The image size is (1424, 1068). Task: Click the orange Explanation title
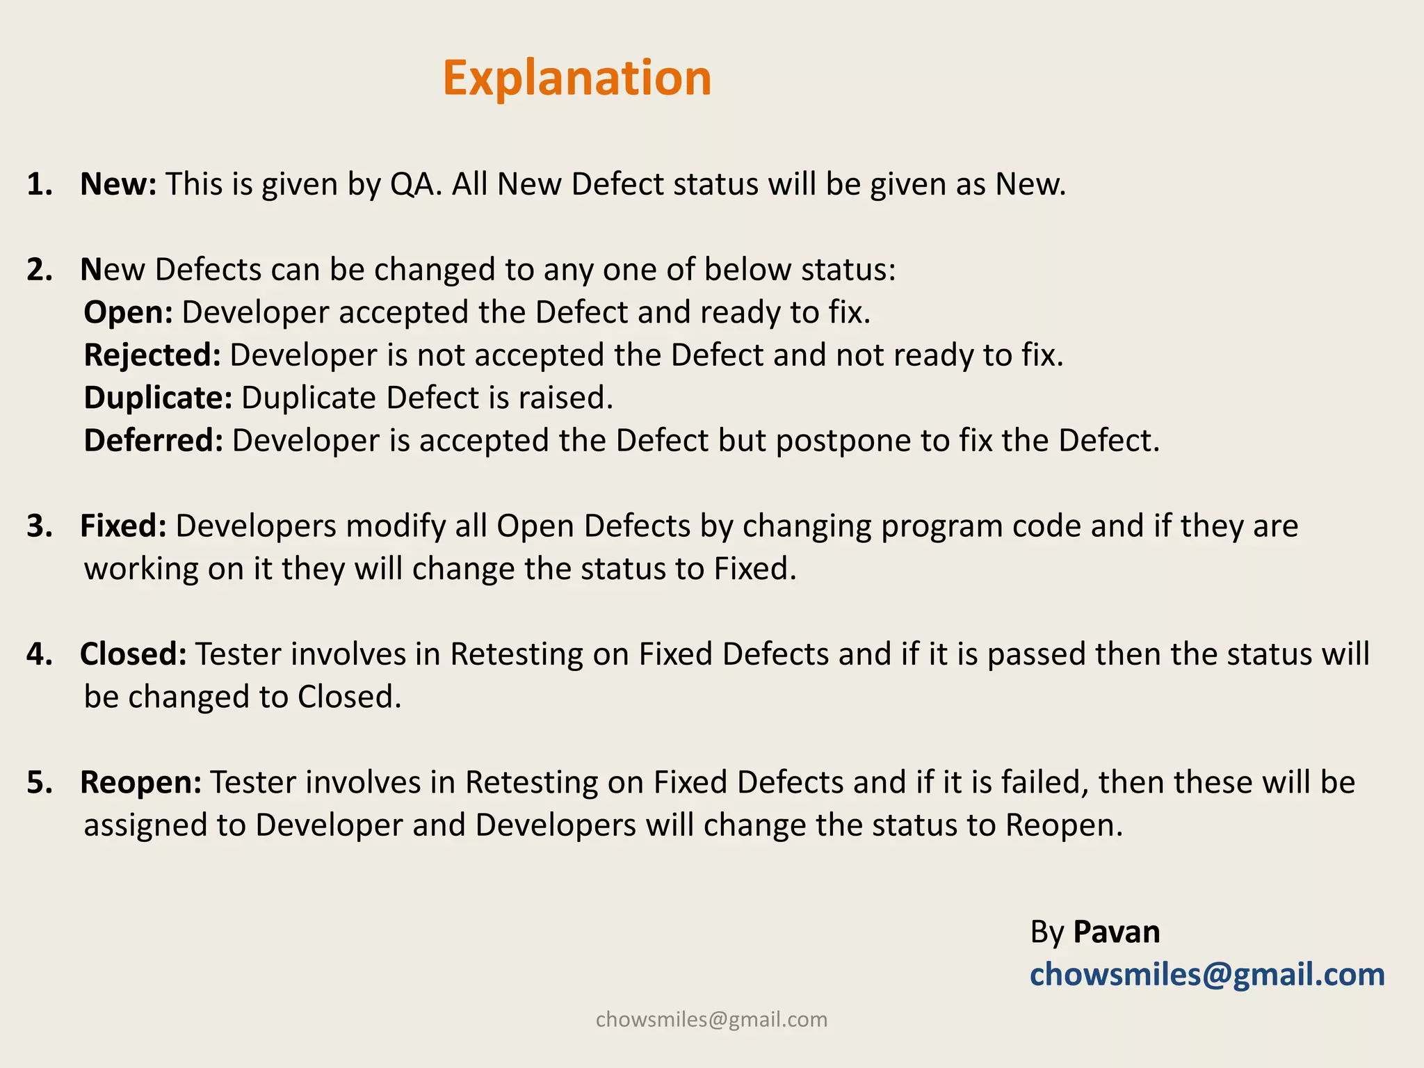576,78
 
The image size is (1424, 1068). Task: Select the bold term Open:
128,313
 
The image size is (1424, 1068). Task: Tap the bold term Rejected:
152,355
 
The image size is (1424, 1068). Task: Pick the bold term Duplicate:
158,398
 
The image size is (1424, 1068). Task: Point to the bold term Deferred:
153,441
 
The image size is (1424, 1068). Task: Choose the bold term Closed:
133,654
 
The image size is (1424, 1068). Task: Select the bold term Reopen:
140,782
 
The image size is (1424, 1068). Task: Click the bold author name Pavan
1116,932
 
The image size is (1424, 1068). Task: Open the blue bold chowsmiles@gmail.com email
1207,975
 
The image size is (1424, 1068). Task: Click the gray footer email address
711,1019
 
